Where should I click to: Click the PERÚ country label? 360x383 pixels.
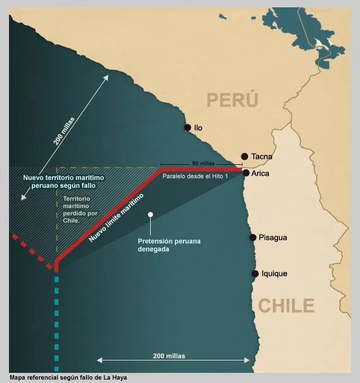[232, 100]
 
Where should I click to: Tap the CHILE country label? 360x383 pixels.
[286, 305]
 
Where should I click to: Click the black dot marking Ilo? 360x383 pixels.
[187, 128]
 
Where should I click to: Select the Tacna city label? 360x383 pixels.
[262, 156]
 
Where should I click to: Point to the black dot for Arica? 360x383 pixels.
[246, 173]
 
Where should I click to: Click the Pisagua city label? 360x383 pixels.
[272, 237]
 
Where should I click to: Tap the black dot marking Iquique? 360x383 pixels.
[255, 274]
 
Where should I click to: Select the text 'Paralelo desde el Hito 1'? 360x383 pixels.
[195, 176]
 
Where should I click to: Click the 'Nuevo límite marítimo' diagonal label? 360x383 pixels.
[116, 218]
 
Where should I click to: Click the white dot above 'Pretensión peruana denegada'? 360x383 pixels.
[150, 214]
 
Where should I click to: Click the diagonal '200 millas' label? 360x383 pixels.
[64, 131]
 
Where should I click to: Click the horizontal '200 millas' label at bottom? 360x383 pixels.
[169, 356]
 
